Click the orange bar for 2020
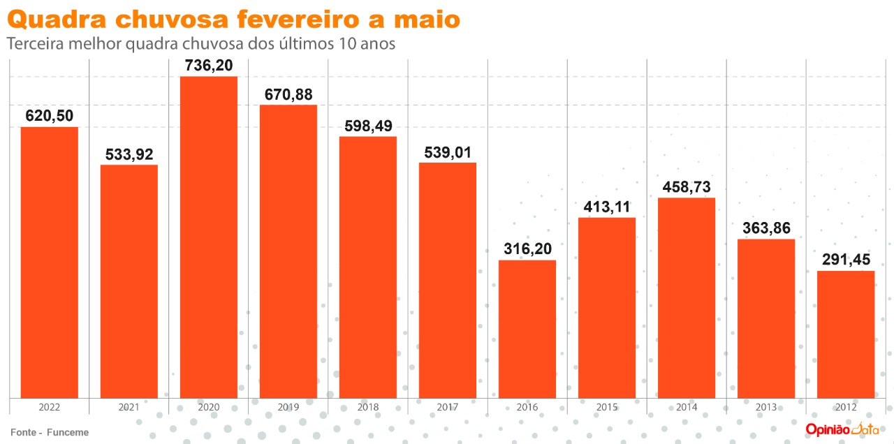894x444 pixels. click(x=209, y=237)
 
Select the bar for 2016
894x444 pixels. click(x=527, y=329)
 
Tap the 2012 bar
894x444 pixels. click(x=846, y=334)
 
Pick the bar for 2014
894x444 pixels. click(x=687, y=298)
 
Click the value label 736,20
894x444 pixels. click(x=209, y=66)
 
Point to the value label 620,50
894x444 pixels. click(x=50, y=116)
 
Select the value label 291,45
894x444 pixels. click(x=846, y=260)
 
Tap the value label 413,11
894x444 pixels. click(x=607, y=207)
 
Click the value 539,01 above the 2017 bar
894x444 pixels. click(x=448, y=151)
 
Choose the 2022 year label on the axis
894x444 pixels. click(x=50, y=407)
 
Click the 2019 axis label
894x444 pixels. click(x=288, y=407)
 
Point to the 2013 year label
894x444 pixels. click(x=766, y=407)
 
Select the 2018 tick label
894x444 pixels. click(x=368, y=407)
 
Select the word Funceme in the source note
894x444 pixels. click(x=68, y=432)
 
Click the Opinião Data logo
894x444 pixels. click(x=841, y=429)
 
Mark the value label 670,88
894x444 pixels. click(x=288, y=94)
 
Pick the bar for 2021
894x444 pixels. click(x=129, y=281)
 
